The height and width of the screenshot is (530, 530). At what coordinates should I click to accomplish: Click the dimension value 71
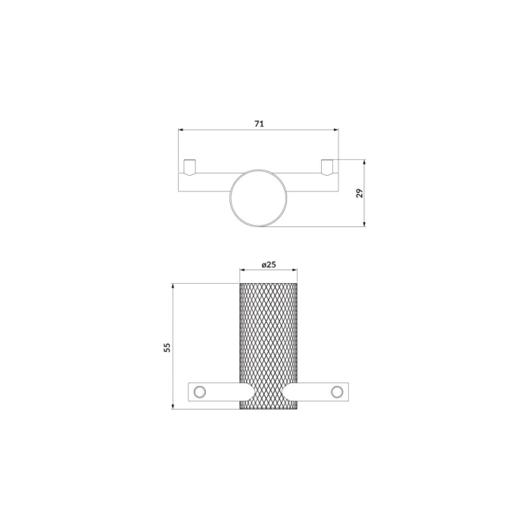point(259,123)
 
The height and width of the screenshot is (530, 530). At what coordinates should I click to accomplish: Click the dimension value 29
point(360,193)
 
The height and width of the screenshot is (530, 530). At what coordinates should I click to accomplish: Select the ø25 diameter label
point(269,265)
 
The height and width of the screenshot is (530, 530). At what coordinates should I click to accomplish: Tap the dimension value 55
point(167,347)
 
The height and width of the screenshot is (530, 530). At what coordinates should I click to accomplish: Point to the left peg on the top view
point(189,167)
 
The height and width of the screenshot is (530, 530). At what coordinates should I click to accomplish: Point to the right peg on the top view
point(327,167)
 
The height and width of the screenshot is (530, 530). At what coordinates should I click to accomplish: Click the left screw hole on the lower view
point(199,391)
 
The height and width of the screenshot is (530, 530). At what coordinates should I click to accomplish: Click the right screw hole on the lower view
point(337,391)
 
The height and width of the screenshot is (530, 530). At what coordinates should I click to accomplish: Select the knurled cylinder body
point(268,346)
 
